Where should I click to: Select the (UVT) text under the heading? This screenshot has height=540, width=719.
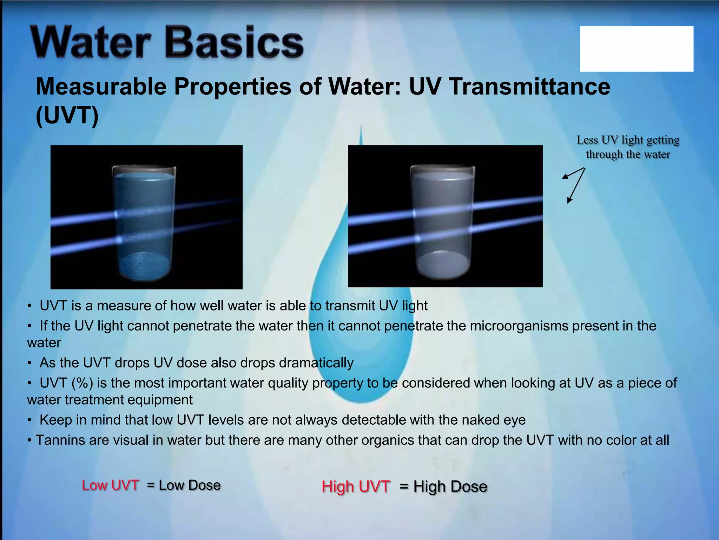[x=67, y=115]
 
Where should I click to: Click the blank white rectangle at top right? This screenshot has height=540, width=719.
[x=636, y=49]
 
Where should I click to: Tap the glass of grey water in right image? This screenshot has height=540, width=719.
[x=443, y=221]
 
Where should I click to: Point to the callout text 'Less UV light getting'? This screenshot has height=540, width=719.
[x=628, y=140]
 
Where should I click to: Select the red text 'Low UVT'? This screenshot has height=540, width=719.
[x=110, y=485]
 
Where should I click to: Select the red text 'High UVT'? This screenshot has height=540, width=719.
[x=356, y=487]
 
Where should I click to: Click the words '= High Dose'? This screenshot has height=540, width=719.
[x=443, y=487]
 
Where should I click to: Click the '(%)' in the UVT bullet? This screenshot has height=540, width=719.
[x=82, y=383]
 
